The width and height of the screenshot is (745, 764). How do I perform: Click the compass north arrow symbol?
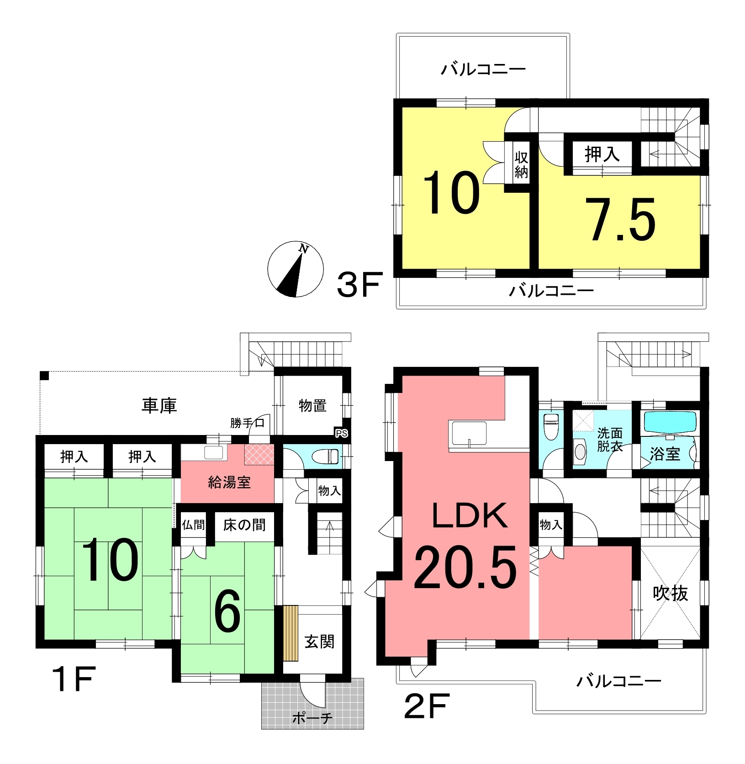(296, 269)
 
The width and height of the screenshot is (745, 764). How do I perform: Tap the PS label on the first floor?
(341, 433)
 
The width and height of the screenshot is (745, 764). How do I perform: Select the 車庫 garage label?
(159, 405)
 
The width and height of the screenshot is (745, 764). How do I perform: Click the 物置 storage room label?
(312, 405)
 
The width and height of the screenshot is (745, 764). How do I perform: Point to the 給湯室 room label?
(229, 482)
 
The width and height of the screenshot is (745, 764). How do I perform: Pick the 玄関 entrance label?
(319, 642)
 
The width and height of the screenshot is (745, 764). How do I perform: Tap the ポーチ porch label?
(312, 718)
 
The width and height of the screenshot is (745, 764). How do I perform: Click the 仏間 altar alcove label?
(193, 525)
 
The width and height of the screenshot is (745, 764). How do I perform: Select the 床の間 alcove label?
(244, 525)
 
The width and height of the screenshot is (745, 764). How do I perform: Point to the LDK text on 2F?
(469, 515)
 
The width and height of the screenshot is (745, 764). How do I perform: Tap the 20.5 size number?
(465, 568)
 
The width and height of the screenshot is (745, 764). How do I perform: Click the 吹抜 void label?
(670, 593)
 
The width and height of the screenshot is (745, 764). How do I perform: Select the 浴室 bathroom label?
(665, 454)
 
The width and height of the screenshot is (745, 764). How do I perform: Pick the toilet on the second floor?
(551, 426)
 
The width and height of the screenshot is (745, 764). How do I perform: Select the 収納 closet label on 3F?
(521, 164)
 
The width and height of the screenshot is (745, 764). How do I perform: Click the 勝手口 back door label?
(247, 423)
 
